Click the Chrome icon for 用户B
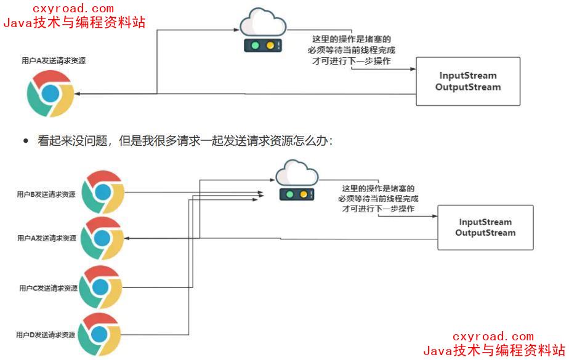(x=103, y=192)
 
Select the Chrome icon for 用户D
(x=99, y=334)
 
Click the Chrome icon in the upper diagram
(x=50, y=94)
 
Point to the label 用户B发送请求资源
(x=46, y=194)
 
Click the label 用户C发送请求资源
(x=48, y=288)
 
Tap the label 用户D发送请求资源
(x=46, y=335)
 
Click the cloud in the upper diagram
(x=263, y=23)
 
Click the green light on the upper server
(x=253, y=46)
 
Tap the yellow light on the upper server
(x=269, y=46)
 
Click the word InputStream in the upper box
(x=468, y=76)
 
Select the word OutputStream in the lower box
(x=485, y=233)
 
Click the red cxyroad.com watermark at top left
(x=74, y=9)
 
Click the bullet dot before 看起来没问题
(x=26, y=141)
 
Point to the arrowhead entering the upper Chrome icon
(x=78, y=94)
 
